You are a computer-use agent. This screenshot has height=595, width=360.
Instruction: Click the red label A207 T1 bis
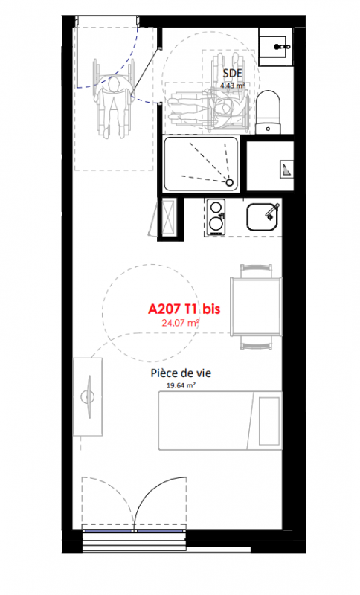(x=184, y=309)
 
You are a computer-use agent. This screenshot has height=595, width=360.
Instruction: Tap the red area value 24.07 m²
(x=181, y=324)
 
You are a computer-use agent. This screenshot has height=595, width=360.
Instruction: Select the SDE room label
(x=233, y=73)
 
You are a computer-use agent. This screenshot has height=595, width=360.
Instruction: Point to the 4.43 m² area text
(x=233, y=86)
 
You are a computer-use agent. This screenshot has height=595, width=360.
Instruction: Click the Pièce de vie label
(x=181, y=373)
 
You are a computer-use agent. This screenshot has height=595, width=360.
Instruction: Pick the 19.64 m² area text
(x=181, y=385)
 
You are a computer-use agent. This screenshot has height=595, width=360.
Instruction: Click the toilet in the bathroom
(x=269, y=112)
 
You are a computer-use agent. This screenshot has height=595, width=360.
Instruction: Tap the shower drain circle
(x=230, y=183)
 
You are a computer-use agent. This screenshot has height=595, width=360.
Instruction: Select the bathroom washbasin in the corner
(x=276, y=47)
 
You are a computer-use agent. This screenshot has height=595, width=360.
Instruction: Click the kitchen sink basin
(x=263, y=217)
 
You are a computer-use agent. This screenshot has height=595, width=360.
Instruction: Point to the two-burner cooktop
(x=216, y=216)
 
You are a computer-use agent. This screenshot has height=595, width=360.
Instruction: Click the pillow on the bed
(x=269, y=421)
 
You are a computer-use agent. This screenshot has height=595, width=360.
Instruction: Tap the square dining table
(x=256, y=306)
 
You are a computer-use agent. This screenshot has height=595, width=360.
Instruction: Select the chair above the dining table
(x=256, y=271)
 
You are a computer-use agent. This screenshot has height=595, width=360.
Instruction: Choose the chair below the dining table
(x=256, y=342)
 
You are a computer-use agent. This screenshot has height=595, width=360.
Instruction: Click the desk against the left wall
(x=88, y=397)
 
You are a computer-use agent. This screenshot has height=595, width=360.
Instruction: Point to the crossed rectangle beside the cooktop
(x=167, y=217)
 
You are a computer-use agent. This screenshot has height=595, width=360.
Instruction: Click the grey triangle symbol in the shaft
(x=287, y=168)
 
